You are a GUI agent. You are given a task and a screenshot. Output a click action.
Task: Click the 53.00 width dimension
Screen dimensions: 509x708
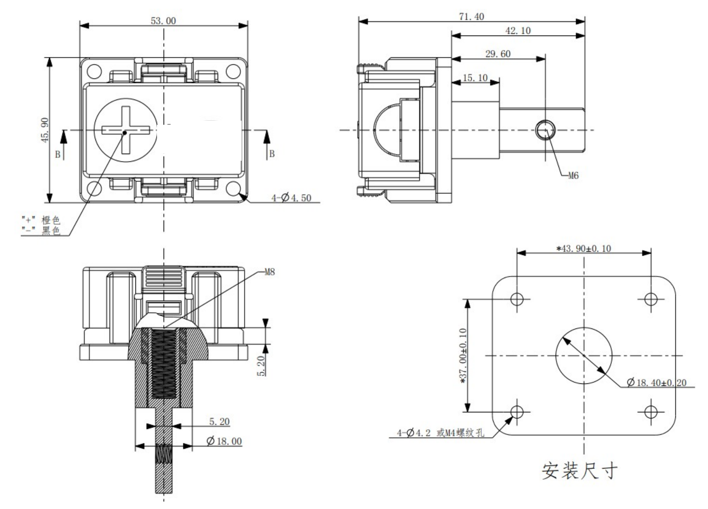[163, 21]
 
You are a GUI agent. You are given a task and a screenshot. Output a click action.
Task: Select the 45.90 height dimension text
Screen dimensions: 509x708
[45, 131]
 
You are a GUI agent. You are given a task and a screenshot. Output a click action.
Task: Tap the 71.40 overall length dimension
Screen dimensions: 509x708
[471, 17]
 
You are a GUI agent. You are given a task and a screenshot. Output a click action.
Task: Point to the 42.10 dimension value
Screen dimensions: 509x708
[518, 31]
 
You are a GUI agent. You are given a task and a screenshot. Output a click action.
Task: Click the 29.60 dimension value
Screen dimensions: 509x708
[498, 54]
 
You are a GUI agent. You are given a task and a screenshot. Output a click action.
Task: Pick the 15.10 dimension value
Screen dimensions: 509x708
[475, 78]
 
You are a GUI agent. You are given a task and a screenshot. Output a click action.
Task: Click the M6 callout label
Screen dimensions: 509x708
[573, 176]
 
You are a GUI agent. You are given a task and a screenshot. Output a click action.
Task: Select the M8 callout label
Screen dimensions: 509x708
[269, 272]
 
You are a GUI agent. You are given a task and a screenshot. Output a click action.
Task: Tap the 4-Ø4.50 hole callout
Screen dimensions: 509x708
[291, 198]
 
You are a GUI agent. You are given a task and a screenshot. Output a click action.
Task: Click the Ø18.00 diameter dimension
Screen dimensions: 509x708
[224, 441]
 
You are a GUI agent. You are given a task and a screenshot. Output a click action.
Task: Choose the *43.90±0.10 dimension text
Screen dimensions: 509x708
[584, 249]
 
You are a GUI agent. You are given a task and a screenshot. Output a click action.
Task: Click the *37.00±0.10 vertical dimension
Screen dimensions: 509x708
[463, 356]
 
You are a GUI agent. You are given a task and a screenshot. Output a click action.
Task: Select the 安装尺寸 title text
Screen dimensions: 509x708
[580, 471]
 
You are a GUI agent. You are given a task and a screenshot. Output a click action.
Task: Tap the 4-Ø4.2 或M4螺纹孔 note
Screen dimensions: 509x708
[440, 433]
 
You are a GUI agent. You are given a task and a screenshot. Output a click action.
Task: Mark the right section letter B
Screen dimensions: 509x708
[272, 154]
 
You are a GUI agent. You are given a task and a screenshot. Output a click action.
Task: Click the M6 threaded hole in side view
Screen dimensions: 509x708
[546, 130]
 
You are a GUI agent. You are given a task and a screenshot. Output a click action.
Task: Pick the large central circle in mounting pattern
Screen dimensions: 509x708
[584, 355]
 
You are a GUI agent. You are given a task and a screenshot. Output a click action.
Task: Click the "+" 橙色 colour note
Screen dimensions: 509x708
[41, 220]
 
